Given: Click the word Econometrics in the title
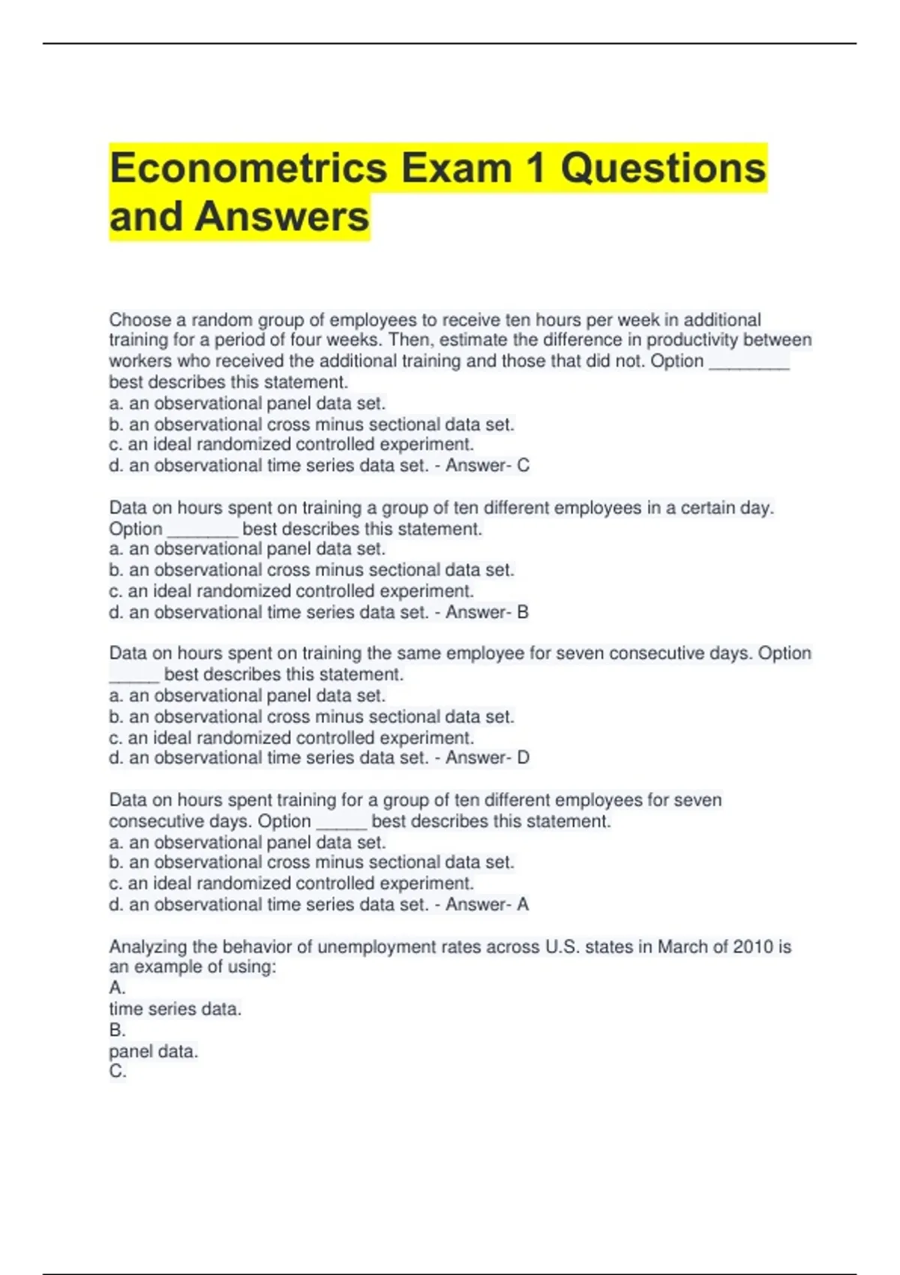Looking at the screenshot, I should click(x=248, y=168).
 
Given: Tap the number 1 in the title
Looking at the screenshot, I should click(x=535, y=168).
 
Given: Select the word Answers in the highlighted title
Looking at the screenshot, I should click(x=282, y=217).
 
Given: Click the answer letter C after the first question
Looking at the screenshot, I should click(x=523, y=466).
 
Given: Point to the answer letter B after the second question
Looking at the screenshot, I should click(x=523, y=613).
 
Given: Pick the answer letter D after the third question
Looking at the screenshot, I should click(x=523, y=758).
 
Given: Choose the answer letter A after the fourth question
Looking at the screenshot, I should click(x=523, y=904).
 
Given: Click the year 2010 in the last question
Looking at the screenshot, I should click(x=752, y=946).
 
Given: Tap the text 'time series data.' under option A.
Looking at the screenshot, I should click(x=175, y=1009).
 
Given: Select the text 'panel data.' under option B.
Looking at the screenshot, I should click(x=153, y=1051).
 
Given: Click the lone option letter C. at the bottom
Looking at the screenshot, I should click(x=117, y=1071).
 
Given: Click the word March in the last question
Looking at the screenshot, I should click(x=681, y=946).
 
